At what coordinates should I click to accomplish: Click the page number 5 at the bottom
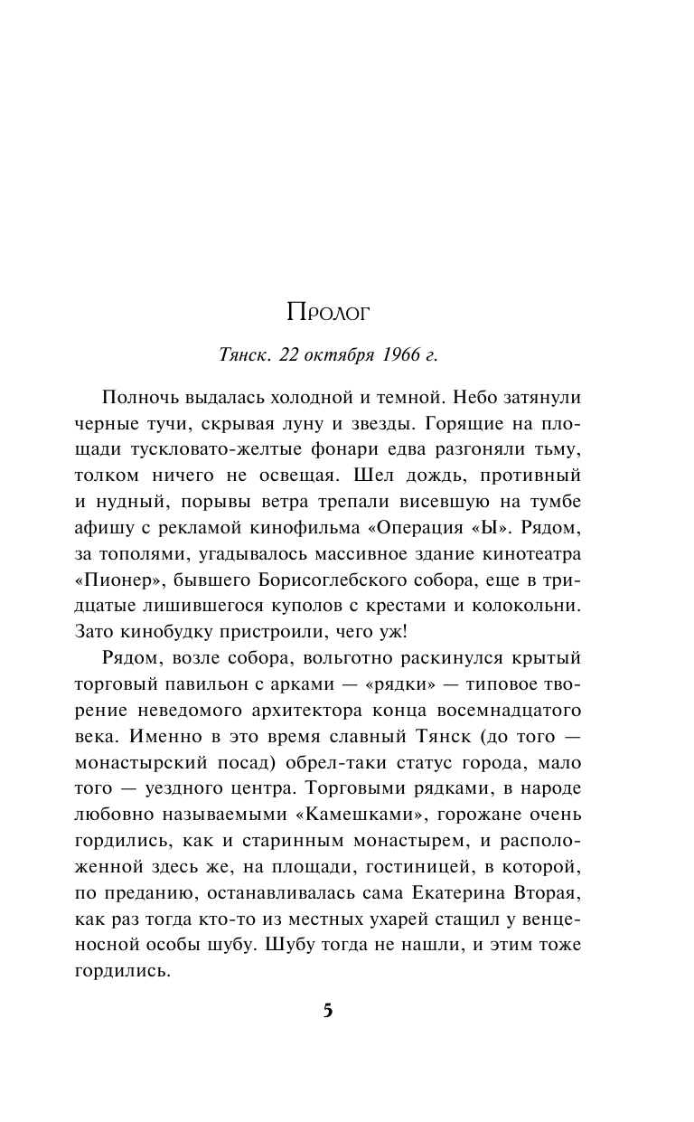click(328, 1011)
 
